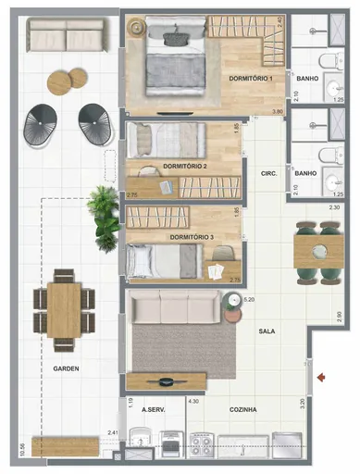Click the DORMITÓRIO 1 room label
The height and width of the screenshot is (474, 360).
(250, 79)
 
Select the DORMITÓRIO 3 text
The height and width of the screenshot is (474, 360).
(192, 238)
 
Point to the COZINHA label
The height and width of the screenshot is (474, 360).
(242, 408)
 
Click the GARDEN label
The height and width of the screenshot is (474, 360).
(65, 368)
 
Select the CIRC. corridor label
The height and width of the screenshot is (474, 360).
(270, 173)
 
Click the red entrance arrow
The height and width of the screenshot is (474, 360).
(321, 376)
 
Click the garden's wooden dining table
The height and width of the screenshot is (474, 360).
(64, 310)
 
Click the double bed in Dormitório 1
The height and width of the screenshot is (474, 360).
(173, 57)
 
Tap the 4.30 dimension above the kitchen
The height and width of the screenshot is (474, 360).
(193, 402)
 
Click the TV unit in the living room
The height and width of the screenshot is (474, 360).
(167, 380)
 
